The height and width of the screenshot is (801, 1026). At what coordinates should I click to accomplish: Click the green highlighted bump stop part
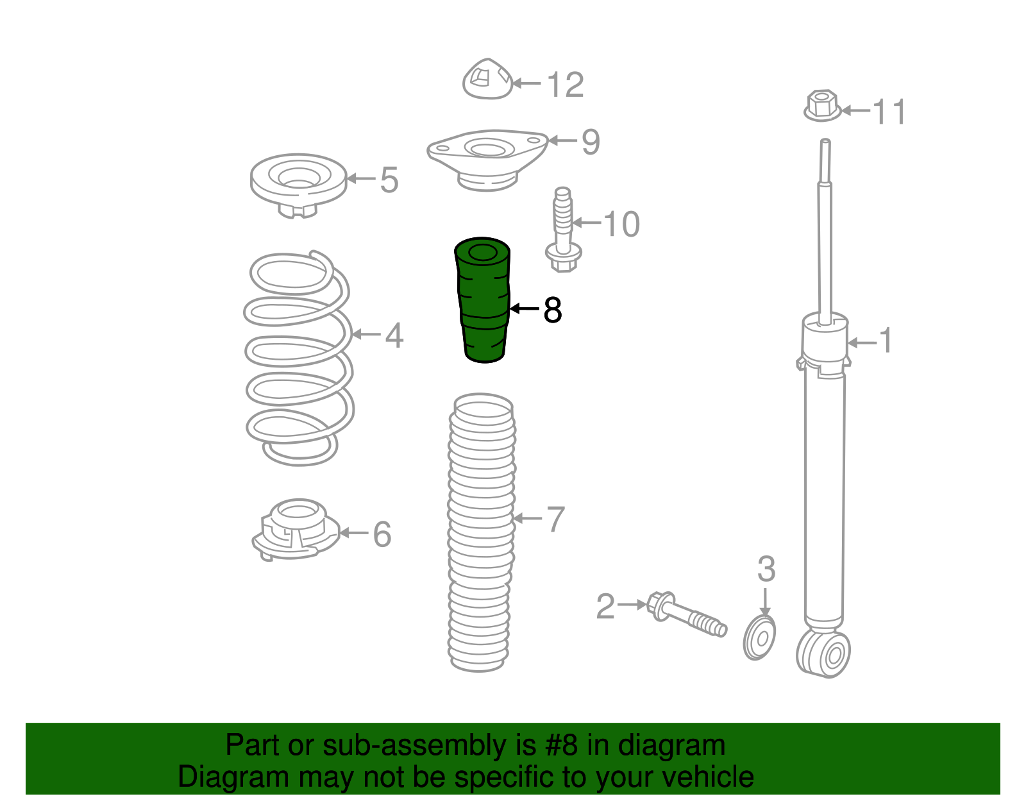tap(482, 300)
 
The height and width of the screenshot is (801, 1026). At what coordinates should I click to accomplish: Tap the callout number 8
tap(553, 310)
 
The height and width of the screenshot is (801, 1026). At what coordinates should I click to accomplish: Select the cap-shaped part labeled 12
tap(488, 79)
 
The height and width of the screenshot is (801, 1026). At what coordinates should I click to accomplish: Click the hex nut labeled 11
tap(822, 106)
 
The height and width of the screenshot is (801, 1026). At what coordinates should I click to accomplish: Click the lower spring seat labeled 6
tap(296, 530)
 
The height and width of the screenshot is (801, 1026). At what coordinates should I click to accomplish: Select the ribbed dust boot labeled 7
tap(481, 532)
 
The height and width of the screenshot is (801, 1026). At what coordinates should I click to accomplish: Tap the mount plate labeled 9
tap(488, 160)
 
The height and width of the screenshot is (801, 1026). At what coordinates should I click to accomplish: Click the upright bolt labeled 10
tap(563, 230)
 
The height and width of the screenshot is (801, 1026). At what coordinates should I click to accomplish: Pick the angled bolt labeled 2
tap(686, 614)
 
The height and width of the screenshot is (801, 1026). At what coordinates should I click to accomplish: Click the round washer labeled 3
tap(759, 638)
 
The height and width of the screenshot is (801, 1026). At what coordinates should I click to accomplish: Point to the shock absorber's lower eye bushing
tap(823, 654)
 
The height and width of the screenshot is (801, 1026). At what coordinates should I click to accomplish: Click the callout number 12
tap(565, 85)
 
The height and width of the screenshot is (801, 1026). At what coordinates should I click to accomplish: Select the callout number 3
tap(766, 569)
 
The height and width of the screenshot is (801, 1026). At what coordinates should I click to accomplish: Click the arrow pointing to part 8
tap(525, 308)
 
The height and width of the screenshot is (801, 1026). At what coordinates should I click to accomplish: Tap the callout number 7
tap(555, 519)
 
